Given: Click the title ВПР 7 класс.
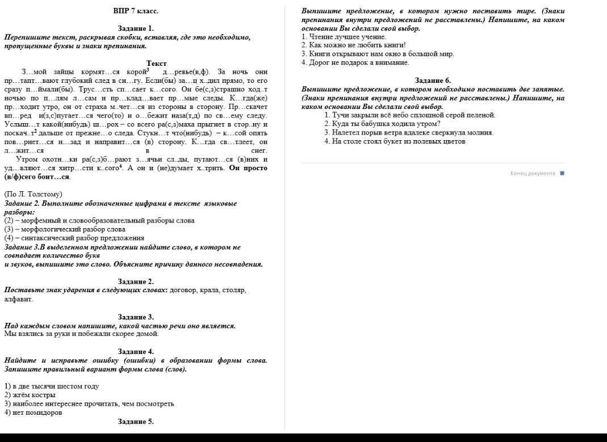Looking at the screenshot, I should tap(136, 11).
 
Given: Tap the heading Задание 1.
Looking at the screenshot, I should tap(136, 28).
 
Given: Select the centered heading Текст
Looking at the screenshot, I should tap(156, 63).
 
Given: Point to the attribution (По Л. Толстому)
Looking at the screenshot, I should tap(33, 194).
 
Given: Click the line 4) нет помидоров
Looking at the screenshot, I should tap(33, 412).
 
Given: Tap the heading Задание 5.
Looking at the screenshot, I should tap(136, 422).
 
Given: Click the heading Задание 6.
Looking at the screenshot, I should tap(433, 81).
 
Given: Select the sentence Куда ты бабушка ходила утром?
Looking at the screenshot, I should tap(382, 124).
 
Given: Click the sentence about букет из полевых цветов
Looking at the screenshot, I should tap(395, 141).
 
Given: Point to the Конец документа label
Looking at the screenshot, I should tap(533, 173).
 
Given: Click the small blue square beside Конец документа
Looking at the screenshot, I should tap(562, 173).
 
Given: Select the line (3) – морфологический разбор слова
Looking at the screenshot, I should tap(65, 229).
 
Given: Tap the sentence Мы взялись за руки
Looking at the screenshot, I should tap(82, 334).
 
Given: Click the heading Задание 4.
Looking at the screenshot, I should tap(136, 351).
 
